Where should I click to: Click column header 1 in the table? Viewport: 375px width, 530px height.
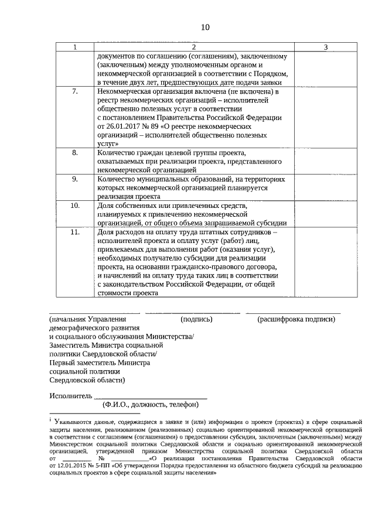point(74,47)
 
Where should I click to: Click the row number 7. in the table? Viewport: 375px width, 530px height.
point(74,92)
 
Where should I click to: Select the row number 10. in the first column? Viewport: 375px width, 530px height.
point(74,206)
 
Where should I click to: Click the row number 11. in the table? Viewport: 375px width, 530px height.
point(74,232)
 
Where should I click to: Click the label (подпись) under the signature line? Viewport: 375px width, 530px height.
point(197,319)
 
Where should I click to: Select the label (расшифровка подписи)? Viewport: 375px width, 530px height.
point(296,319)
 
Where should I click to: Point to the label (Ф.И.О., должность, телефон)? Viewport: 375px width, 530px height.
point(151,405)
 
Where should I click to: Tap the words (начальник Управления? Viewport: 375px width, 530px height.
point(88,319)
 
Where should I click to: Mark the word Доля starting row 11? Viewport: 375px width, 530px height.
point(107,232)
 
